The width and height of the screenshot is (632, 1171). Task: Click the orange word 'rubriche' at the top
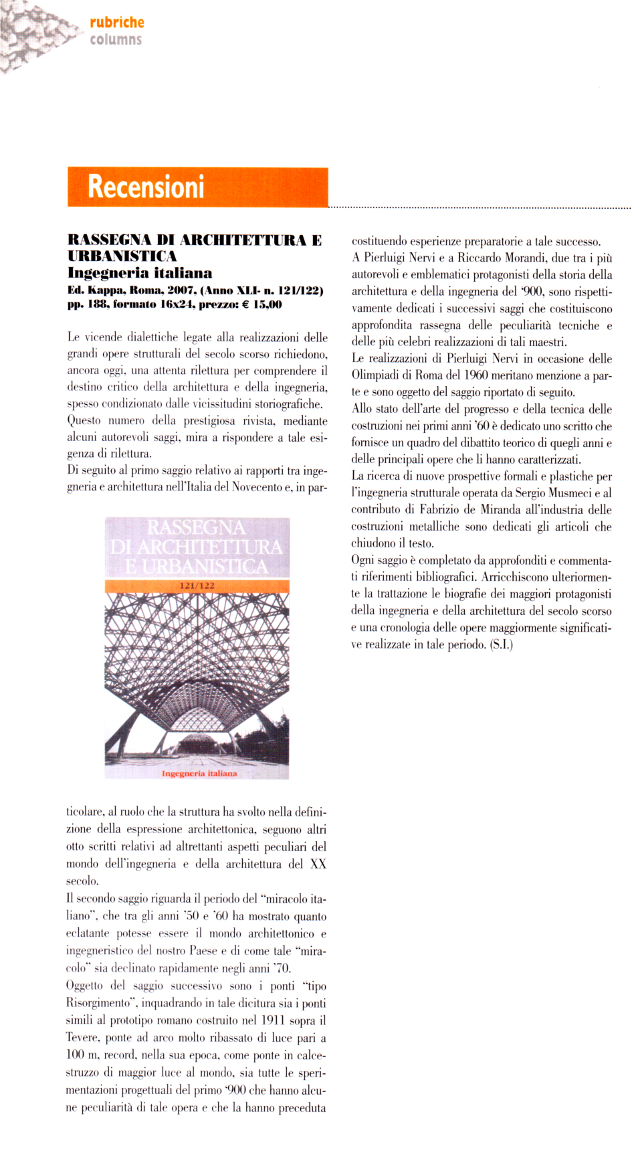116,22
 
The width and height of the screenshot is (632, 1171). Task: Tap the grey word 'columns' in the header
116,39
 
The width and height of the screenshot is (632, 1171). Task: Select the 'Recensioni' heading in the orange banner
146,187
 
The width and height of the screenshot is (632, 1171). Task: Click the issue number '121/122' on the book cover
197,585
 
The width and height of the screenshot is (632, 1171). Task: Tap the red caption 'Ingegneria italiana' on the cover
199,773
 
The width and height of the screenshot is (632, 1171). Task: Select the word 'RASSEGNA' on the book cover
196,527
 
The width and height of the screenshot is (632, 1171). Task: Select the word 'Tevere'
82,1038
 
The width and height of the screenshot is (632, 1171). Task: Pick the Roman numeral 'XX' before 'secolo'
318,864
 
